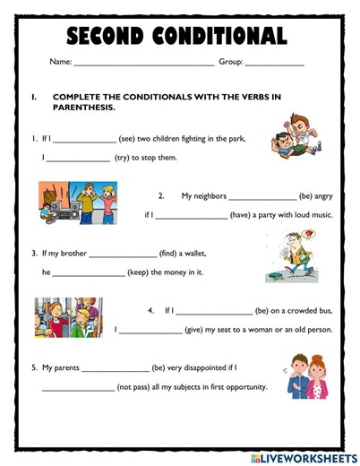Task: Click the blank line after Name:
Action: (143, 65)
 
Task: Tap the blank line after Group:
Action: (274, 65)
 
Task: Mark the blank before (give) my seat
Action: (150, 332)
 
